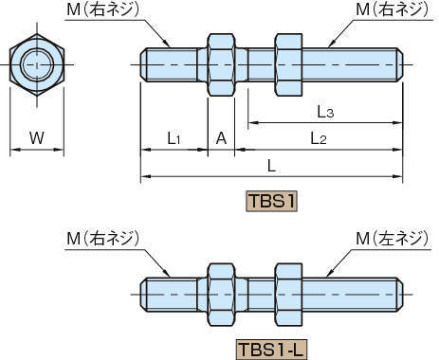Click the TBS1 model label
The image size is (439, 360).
coord(273,201)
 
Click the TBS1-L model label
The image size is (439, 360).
coord(272,349)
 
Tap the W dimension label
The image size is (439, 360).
coord(36,138)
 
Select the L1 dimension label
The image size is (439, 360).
coord(174,138)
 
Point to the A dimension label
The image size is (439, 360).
coord(221,138)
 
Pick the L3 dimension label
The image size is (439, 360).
coord(325,111)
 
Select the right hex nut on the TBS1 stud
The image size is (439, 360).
coord(288,64)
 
